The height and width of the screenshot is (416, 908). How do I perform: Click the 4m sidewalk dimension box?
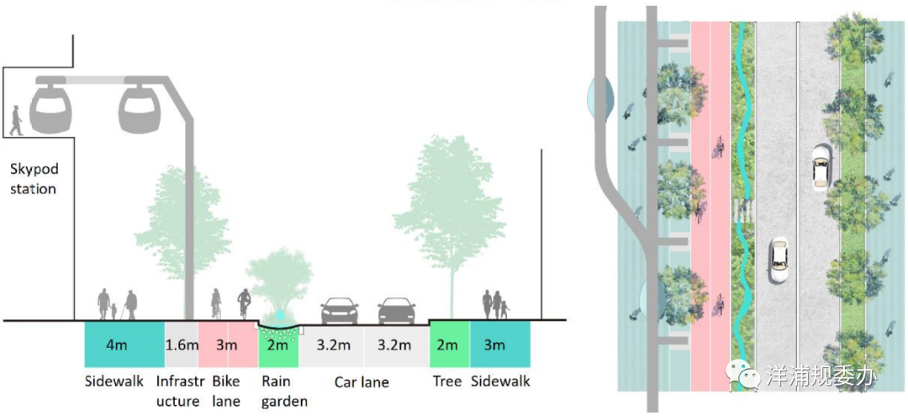click(x=124, y=345)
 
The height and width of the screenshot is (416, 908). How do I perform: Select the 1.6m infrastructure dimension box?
click(x=182, y=345)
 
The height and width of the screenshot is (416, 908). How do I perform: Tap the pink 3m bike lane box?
click(x=227, y=345)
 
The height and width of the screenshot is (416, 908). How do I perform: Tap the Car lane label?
click(x=362, y=382)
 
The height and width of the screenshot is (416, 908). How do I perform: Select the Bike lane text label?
click(x=227, y=392)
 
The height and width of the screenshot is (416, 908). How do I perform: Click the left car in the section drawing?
click(x=340, y=311)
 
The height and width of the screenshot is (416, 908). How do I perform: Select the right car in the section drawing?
click(x=396, y=311)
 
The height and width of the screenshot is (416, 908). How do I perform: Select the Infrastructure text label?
click(x=178, y=392)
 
